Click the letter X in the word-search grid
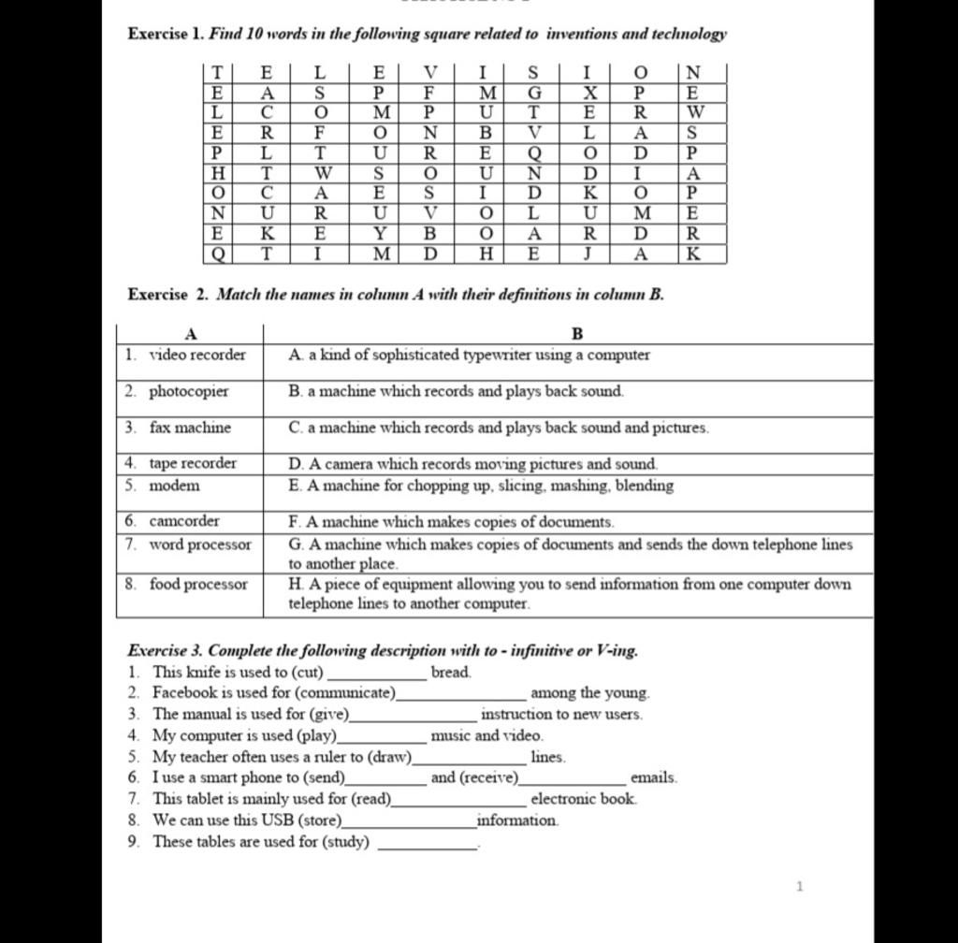(588, 93)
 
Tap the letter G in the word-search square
(534, 93)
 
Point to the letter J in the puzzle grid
(588, 253)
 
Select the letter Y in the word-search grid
(379, 233)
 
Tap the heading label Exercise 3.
(164, 650)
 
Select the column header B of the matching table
(576, 334)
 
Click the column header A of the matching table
(190, 334)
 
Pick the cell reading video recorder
(197, 355)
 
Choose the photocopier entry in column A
(188, 391)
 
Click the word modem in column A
(174, 486)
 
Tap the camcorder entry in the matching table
(184, 521)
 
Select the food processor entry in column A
(198, 585)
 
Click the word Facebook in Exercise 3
(184, 693)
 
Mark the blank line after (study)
(426, 844)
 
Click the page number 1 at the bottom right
(799, 886)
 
